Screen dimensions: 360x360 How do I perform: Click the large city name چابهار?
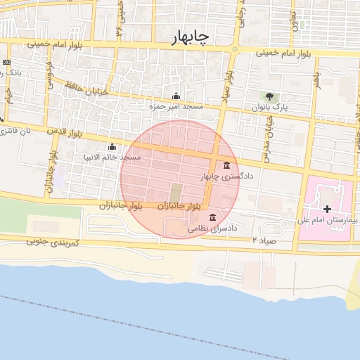click(x=191, y=38)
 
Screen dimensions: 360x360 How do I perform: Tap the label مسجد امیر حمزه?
click(x=175, y=106)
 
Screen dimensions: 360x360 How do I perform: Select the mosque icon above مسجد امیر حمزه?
click(x=175, y=96)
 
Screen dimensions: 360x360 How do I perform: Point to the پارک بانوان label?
click(x=271, y=107)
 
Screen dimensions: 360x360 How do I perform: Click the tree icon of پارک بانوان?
click(x=268, y=96)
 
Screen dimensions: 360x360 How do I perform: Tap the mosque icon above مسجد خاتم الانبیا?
click(x=112, y=147)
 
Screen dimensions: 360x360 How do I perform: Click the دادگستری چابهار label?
click(x=227, y=176)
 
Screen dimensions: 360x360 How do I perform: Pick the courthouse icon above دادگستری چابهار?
click(x=226, y=166)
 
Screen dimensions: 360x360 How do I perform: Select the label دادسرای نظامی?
click(x=212, y=229)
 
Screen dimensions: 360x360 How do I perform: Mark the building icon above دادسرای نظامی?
click(x=212, y=219)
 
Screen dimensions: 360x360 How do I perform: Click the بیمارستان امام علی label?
click(x=328, y=220)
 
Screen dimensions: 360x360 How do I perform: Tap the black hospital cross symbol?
click(x=326, y=209)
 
